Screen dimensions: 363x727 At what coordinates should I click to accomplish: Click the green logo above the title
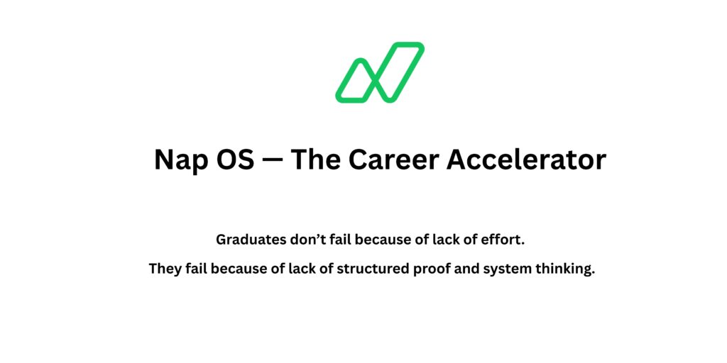(x=380, y=72)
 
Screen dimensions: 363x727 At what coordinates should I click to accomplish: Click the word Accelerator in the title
(x=526, y=160)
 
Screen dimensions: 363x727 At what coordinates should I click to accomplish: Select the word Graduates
(x=251, y=240)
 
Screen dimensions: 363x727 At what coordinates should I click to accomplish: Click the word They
(x=165, y=269)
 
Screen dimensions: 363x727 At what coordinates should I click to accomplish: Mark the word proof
(x=432, y=270)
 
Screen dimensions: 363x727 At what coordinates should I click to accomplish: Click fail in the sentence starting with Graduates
(x=341, y=239)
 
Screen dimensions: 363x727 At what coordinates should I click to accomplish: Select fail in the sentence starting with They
(x=196, y=269)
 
